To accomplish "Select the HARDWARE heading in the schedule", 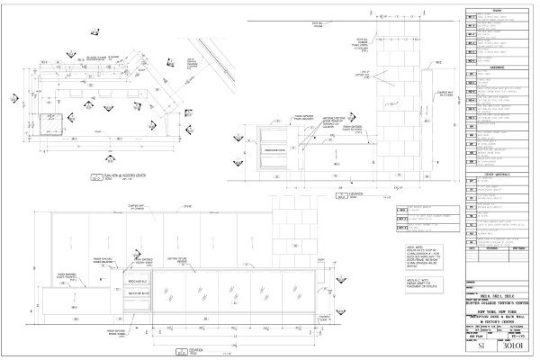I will [x=500, y=67].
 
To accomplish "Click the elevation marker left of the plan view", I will [x=15, y=97].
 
